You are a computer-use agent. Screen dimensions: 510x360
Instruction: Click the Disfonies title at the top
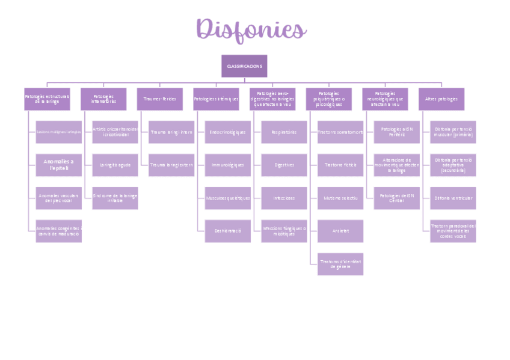pyautogui.click(x=251, y=29)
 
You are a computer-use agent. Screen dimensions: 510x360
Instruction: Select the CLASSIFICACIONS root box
pyautogui.click(x=244, y=66)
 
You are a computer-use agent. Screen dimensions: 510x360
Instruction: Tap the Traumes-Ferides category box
pyautogui.click(x=159, y=99)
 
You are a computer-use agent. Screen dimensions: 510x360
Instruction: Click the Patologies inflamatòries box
pyautogui.click(x=103, y=99)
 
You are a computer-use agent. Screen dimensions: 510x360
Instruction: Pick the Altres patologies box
pyautogui.click(x=441, y=99)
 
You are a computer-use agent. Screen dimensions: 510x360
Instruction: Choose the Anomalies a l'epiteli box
pyautogui.click(x=58, y=165)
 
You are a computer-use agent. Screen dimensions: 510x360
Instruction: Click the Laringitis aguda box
pyautogui.click(x=115, y=165)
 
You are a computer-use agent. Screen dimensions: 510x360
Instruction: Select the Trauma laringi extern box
pyautogui.click(x=171, y=165)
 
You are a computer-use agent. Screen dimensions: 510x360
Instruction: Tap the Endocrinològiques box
pyautogui.click(x=228, y=132)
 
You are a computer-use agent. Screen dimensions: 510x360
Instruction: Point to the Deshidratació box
pyautogui.click(x=228, y=231)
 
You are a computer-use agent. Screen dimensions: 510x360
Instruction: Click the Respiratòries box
pyautogui.click(x=284, y=132)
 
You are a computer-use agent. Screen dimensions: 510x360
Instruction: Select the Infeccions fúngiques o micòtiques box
pyautogui.click(x=284, y=231)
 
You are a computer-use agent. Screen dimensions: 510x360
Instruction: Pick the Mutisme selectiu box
pyautogui.click(x=340, y=198)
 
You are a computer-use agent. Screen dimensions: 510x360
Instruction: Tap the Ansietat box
pyautogui.click(x=340, y=231)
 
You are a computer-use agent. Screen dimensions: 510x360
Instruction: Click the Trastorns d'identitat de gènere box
pyautogui.click(x=340, y=264)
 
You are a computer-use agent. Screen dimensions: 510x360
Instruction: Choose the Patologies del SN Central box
pyautogui.click(x=397, y=198)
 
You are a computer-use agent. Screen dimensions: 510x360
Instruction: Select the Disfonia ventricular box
pyautogui.click(x=453, y=198)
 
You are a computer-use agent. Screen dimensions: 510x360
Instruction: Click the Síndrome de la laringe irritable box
pyautogui.click(x=115, y=198)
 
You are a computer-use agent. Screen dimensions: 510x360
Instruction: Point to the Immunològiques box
pyautogui.click(x=228, y=165)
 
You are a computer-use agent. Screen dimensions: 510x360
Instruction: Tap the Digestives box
pyautogui.click(x=284, y=165)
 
